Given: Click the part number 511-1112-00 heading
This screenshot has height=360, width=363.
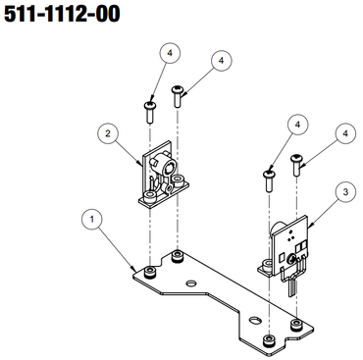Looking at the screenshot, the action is (62, 15).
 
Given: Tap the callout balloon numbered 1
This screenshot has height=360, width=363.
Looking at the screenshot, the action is (92, 219).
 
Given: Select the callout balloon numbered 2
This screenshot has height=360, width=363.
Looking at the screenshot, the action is (108, 133).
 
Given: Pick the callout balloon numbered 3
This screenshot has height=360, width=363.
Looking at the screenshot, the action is (345, 192).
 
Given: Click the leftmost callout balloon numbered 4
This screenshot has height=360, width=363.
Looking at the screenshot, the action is (170, 53).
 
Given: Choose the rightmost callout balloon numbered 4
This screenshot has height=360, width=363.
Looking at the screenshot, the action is (345, 133).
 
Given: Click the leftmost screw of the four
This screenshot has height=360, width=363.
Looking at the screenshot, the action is (150, 113).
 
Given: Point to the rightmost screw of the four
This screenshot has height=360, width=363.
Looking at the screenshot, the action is (296, 166).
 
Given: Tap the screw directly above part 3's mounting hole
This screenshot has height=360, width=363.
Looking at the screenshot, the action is (269, 181).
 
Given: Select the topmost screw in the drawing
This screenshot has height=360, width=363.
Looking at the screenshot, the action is (178, 97).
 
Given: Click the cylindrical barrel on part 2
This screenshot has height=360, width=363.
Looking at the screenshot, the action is (164, 163).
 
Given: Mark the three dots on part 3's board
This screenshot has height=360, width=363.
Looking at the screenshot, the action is (290, 235).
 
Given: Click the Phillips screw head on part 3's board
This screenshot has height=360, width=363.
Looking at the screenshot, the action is (291, 260).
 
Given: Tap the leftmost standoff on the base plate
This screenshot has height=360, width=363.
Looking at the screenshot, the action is (150, 272).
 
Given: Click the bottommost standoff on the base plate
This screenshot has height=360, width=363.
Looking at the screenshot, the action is (269, 340).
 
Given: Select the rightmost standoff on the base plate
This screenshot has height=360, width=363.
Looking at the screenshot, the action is (296, 325).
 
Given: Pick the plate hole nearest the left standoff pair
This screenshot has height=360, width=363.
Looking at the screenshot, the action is (191, 283).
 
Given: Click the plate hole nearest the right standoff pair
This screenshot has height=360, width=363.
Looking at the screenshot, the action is (254, 320).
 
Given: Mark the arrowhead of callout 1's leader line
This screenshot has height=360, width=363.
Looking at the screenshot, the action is (134, 269).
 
